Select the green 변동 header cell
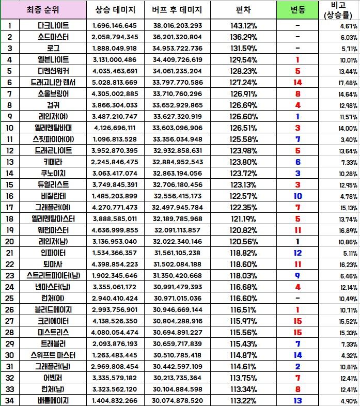click(x=298, y=10)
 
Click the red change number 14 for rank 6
click(x=298, y=82)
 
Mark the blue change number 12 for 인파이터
click(x=298, y=253)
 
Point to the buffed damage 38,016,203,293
click(x=177, y=25)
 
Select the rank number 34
click(x=10, y=400)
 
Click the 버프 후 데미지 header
click(x=177, y=10)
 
